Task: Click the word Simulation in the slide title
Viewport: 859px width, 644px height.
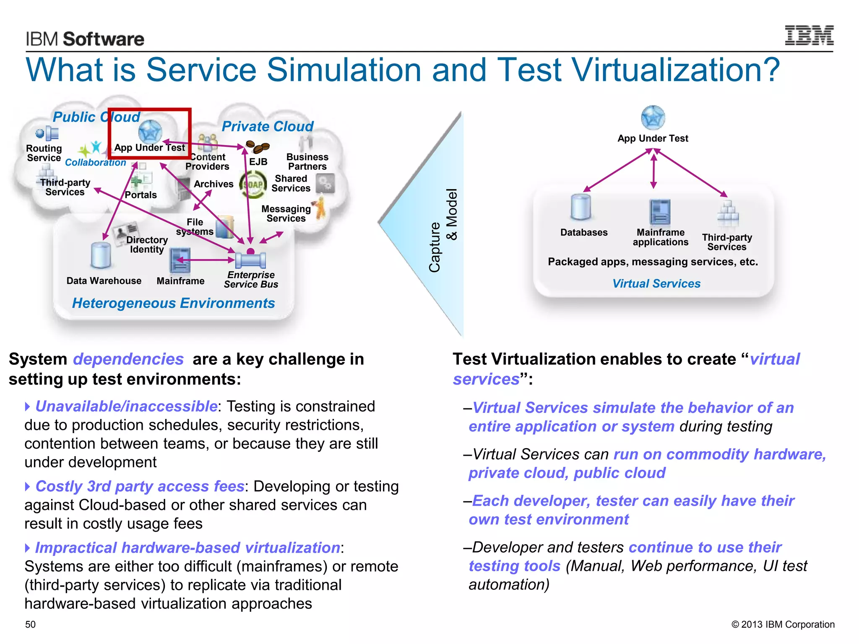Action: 344,70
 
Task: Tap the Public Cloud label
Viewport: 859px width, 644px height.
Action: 96,117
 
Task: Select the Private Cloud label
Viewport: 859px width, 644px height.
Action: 267,126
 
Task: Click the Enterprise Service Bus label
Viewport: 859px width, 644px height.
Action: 251,280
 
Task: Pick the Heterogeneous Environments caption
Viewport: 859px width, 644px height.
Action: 173,303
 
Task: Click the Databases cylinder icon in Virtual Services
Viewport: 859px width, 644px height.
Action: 580,207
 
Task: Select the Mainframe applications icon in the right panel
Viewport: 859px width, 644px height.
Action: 660,212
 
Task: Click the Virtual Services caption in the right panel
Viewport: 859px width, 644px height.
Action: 656,284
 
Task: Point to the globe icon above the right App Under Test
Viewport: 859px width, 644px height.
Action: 653,118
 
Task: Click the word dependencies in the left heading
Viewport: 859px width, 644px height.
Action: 128,359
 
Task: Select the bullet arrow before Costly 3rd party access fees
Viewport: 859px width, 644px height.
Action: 28,486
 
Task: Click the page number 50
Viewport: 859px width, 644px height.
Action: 31,624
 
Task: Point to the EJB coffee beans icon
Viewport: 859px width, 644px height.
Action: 258,147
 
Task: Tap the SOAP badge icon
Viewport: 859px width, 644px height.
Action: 252,185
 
